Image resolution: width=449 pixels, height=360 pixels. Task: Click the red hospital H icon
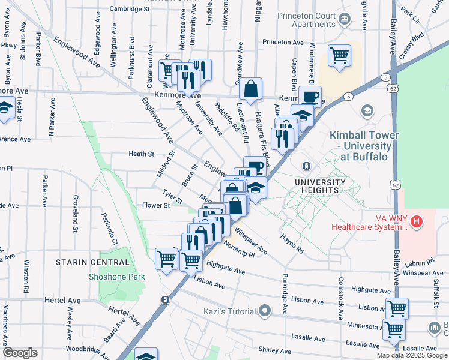[415, 222]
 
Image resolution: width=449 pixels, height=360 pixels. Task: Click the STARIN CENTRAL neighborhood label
[92, 262]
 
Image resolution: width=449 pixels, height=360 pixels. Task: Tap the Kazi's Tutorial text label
[228, 311]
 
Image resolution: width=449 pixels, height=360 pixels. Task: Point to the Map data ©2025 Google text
[411, 355]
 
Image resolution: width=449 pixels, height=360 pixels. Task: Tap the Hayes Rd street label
[292, 242]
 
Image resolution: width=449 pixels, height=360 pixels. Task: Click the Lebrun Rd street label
[419, 262]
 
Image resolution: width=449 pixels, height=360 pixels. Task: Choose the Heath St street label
[142, 154]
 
